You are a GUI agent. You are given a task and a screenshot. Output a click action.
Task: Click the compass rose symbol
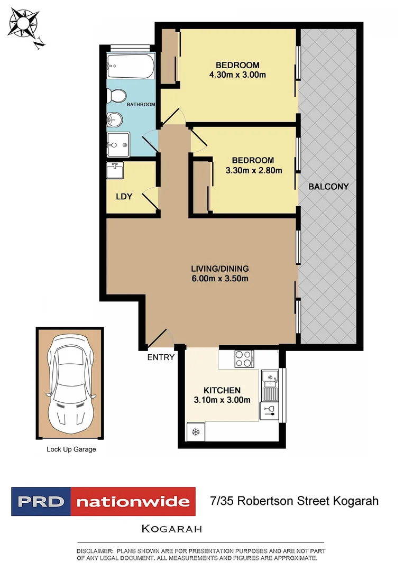[x=24, y=24]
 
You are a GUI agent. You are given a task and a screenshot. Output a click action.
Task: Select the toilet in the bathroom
[x=116, y=96]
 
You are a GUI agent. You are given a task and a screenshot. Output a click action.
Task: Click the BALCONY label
[x=329, y=187]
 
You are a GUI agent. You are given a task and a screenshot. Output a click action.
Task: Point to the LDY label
[x=124, y=196]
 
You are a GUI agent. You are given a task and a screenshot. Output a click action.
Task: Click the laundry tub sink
[x=115, y=171]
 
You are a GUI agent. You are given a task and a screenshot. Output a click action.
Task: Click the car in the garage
[x=70, y=383]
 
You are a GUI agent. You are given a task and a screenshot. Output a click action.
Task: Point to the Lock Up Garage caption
[x=71, y=449]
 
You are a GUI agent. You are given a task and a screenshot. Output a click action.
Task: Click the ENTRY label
[x=161, y=357]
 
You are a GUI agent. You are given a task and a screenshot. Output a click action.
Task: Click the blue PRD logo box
[x=41, y=501]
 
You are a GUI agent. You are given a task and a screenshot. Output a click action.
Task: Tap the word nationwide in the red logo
[x=133, y=501]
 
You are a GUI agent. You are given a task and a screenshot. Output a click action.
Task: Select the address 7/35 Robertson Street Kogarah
[x=294, y=501]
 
